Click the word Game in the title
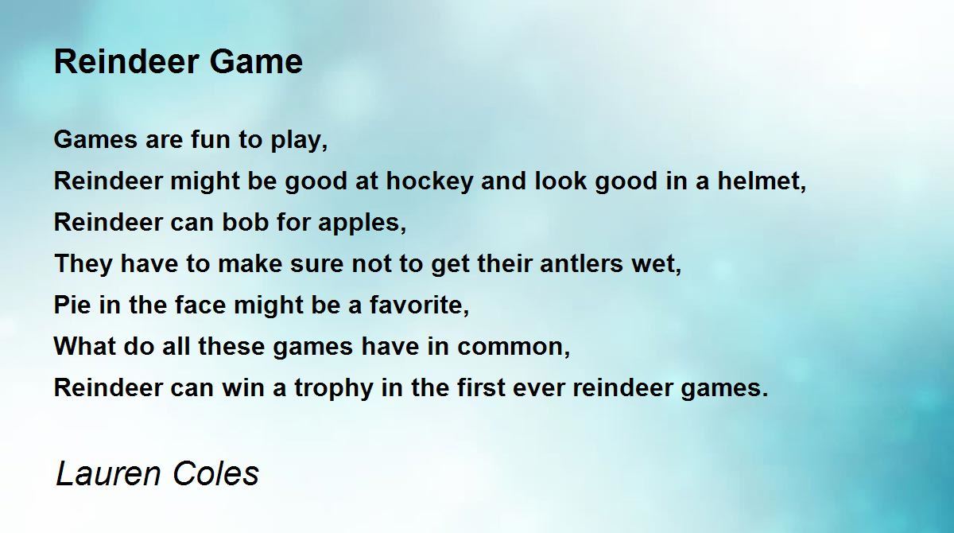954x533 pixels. pyautogui.click(x=256, y=62)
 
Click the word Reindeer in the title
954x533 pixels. pyautogui.click(x=126, y=62)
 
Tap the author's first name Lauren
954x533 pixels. pyautogui.click(x=108, y=473)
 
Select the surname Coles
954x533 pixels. pyautogui.click(x=216, y=473)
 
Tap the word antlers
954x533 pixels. pyautogui.click(x=582, y=263)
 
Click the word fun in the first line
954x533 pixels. pyautogui.click(x=207, y=139)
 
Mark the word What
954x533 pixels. pyautogui.click(x=85, y=346)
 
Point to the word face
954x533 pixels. pyautogui.click(x=200, y=305)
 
